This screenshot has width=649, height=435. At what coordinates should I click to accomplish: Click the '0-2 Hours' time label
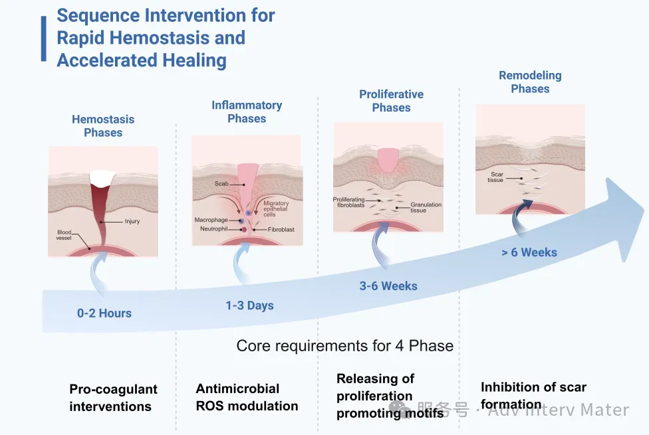coord(104,313)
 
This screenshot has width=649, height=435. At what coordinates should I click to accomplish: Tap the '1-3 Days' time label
coord(249,305)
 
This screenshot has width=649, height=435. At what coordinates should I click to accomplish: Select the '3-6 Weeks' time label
coord(388,286)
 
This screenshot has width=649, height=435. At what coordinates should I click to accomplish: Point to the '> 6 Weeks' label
coord(529,252)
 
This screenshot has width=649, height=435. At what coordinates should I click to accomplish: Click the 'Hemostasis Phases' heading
coord(103,126)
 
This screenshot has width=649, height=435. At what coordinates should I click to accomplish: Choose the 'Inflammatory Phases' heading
coord(247,112)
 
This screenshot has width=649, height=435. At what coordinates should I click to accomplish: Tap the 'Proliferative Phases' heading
coord(391,101)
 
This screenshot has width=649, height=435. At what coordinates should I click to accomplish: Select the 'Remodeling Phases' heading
coord(530,82)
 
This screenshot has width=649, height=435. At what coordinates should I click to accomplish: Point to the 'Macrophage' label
coord(211,219)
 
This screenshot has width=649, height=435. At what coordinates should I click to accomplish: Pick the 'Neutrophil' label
coord(214,229)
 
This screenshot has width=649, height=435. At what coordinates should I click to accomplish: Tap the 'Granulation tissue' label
coord(426,208)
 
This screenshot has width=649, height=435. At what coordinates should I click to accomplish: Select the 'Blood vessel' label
coord(64,236)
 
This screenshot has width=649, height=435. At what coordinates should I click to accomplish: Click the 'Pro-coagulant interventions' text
coord(113,398)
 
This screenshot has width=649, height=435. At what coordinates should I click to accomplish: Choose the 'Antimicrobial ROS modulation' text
coord(247,397)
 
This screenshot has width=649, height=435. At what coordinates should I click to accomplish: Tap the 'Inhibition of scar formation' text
coord(533,395)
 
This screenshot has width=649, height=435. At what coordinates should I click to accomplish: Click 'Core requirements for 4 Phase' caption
coord(345,346)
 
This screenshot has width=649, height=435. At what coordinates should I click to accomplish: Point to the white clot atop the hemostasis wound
coord(103,177)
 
